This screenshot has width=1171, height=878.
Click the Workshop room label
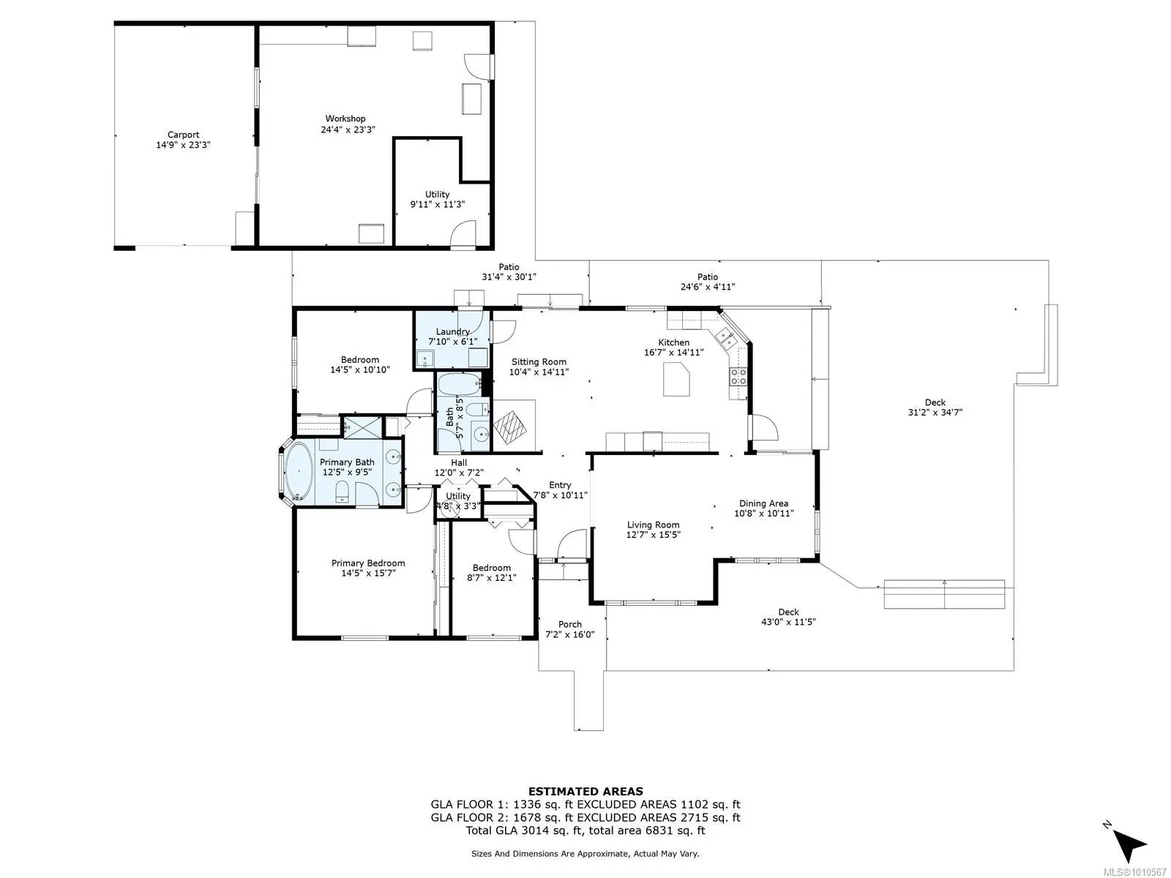coord(345,119)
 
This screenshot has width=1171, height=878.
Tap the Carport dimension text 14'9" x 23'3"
coord(183,145)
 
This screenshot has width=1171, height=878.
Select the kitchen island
coord(676,379)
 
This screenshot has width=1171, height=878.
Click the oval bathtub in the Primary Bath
coord(299,473)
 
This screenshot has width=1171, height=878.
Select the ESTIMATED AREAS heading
coord(585,792)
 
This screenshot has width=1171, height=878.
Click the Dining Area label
coord(763,503)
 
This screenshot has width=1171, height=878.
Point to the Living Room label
coord(653,525)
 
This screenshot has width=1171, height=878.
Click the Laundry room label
coord(452,331)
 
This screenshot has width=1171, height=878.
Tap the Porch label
coord(569,624)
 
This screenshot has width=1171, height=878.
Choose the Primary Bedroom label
coord(368,563)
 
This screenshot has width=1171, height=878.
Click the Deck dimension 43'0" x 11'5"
coord(788,622)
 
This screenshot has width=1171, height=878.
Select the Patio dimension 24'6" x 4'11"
coord(708,287)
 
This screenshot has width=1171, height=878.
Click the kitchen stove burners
coord(738,376)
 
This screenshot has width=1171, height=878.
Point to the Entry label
coord(560,485)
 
